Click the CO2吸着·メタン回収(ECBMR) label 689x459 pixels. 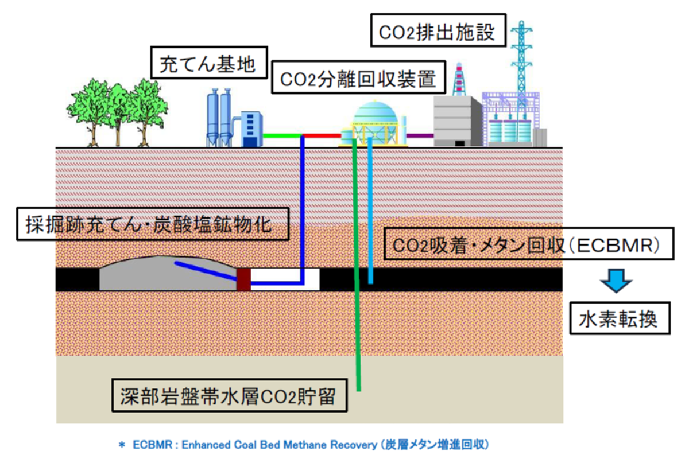click(x=525, y=246)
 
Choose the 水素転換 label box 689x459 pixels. click(x=621, y=320)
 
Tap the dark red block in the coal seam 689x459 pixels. click(x=243, y=279)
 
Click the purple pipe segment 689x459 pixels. click(x=420, y=135)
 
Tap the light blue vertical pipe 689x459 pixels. click(x=370, y=212)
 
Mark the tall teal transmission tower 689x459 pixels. click(x=521, y=57)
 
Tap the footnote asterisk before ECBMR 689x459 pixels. click(x=121, y=445)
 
